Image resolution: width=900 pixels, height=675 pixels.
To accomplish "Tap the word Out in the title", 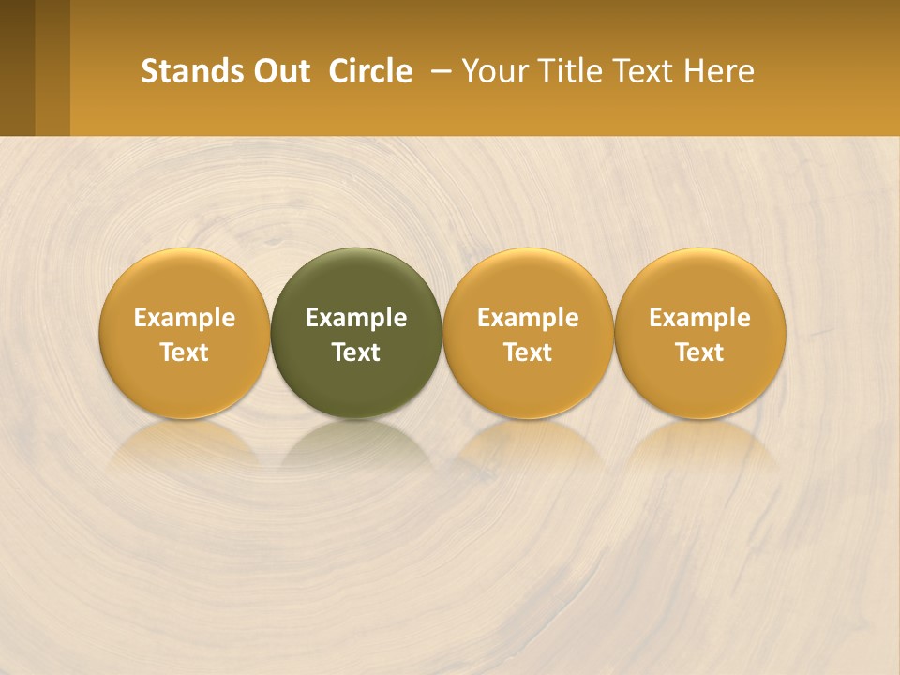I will pyautogui.click(x=281, y=71).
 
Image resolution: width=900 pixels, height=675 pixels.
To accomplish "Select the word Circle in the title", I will pyautogui.click(x=370, y=71).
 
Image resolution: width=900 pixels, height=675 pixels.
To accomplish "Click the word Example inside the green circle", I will pyautogui.click(x=356, y=318).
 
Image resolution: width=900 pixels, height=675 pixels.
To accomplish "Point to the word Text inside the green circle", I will pyautogui.click(x=356, y=352).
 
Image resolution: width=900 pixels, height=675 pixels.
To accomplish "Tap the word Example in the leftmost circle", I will pyautogui.click(x=185, y=318).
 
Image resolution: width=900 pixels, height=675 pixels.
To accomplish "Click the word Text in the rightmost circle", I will pyautogui.click(x=700, y=352).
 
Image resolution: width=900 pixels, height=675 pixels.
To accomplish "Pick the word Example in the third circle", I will pyautogui.click(x=528, y=318).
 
